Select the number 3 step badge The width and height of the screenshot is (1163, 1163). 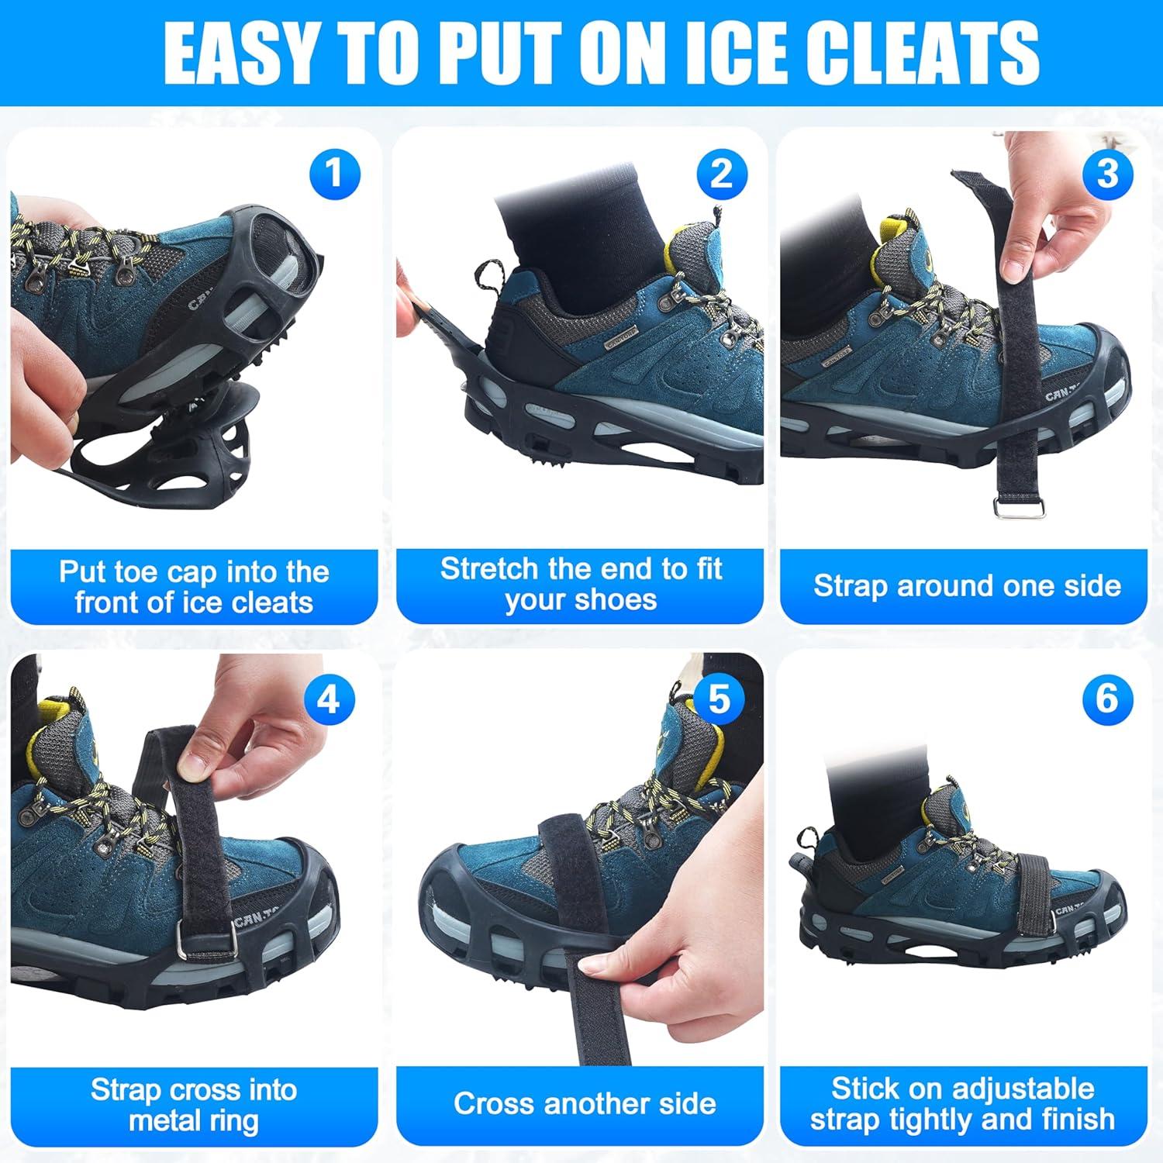tap(1107, 174)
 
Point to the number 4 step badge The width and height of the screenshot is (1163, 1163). tap(329, 700)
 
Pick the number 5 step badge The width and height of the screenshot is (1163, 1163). tap(719, 699)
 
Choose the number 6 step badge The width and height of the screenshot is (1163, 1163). tap(1107, 699)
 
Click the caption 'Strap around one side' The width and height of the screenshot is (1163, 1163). tap(966, 585)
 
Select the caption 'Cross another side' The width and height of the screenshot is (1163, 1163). tap(585, 1103)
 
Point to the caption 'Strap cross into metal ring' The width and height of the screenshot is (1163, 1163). tap(194, 1105)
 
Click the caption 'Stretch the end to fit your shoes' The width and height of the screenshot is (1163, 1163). tap(581, 584)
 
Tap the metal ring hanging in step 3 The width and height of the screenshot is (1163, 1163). tap(1019, 508)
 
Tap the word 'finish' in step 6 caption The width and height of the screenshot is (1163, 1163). tap(1074, 1120)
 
